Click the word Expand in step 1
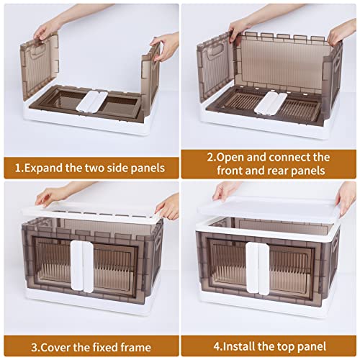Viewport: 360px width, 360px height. [x=43, y=168]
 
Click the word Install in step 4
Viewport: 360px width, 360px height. [x=239, y=346]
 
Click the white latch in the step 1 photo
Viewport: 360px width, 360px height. [x=91, y=102]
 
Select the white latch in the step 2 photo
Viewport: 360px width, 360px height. [x=271, y=103]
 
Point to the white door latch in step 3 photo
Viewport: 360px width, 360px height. [x=82, y=266]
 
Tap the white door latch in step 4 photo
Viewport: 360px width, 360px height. [x=258, y=269]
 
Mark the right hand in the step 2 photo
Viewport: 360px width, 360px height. [x=342, y=32]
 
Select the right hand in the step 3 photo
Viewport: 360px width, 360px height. [x=167, y=207]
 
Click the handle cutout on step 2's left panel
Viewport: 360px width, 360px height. [x=217, y=50]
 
